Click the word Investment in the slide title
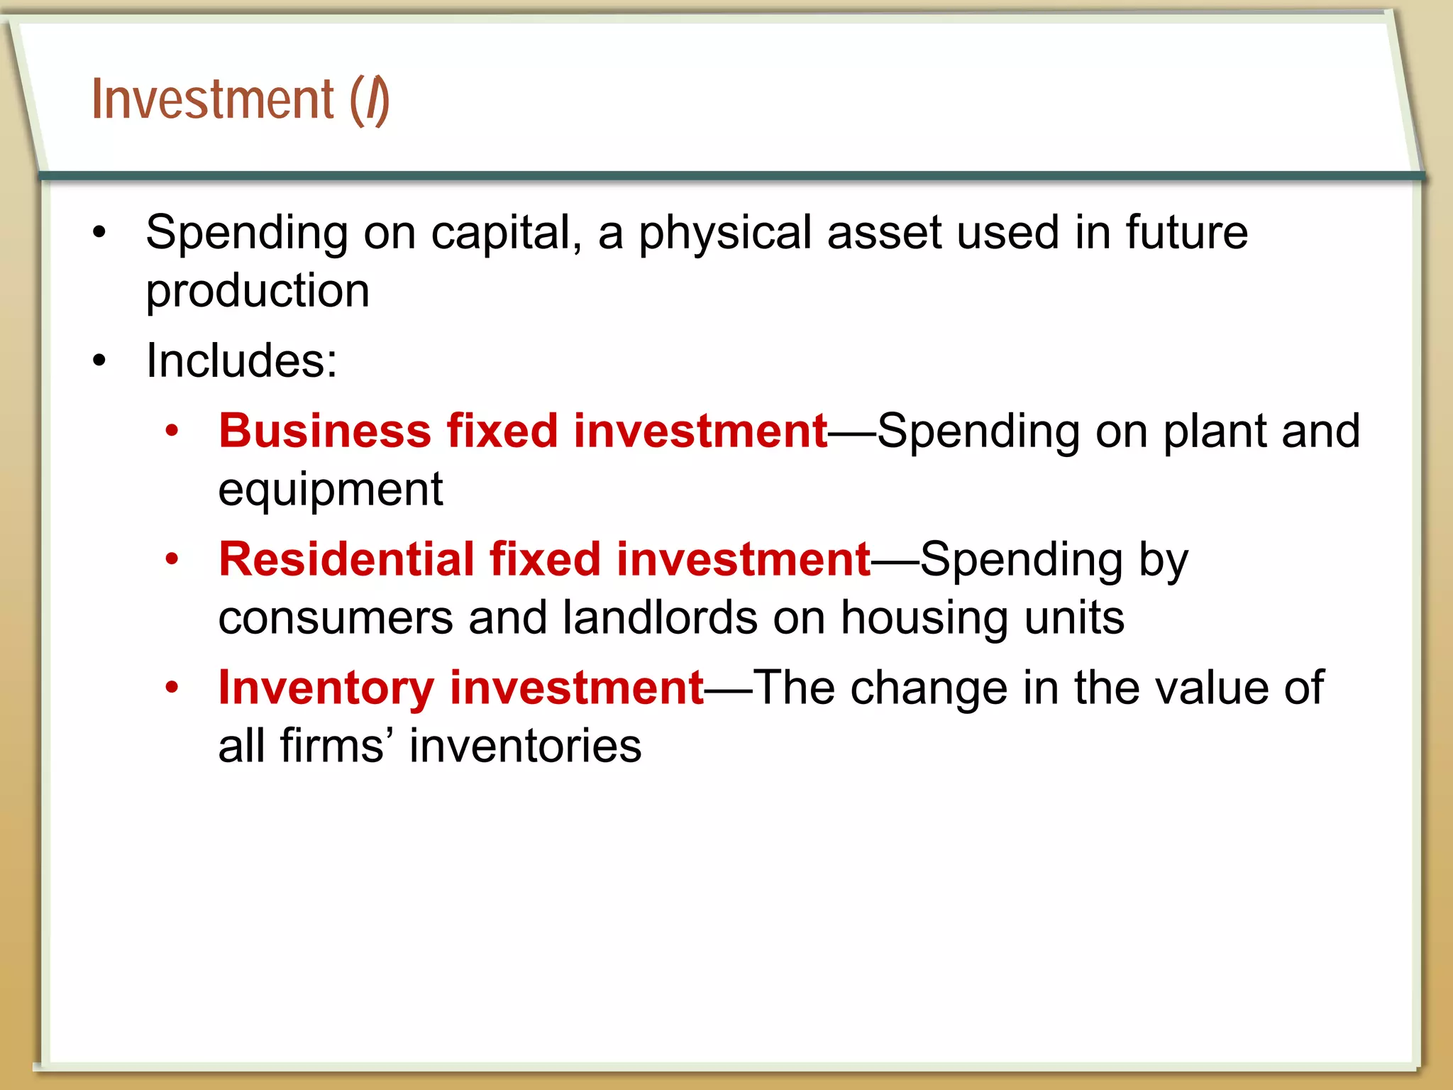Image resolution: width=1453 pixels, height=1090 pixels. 212,99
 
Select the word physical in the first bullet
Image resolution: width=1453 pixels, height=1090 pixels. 724,234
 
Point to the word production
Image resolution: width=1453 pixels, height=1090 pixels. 258,292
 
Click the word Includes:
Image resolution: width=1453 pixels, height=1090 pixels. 241,360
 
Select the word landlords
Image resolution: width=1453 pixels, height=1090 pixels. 659,617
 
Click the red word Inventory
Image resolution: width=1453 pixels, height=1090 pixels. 326,688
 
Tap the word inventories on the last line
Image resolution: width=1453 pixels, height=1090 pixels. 525,747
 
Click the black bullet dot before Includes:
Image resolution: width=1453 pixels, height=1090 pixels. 99,360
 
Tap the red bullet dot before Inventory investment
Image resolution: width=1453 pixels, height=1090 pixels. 172,688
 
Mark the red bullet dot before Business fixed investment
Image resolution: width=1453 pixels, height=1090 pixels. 172,431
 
